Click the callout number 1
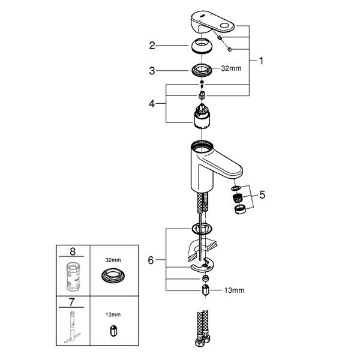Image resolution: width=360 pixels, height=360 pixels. pos(261,61)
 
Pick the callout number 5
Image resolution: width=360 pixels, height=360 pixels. pos(261,194)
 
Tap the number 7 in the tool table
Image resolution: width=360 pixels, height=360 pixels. pos(73,301)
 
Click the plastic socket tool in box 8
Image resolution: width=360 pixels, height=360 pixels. pos(73,275)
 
